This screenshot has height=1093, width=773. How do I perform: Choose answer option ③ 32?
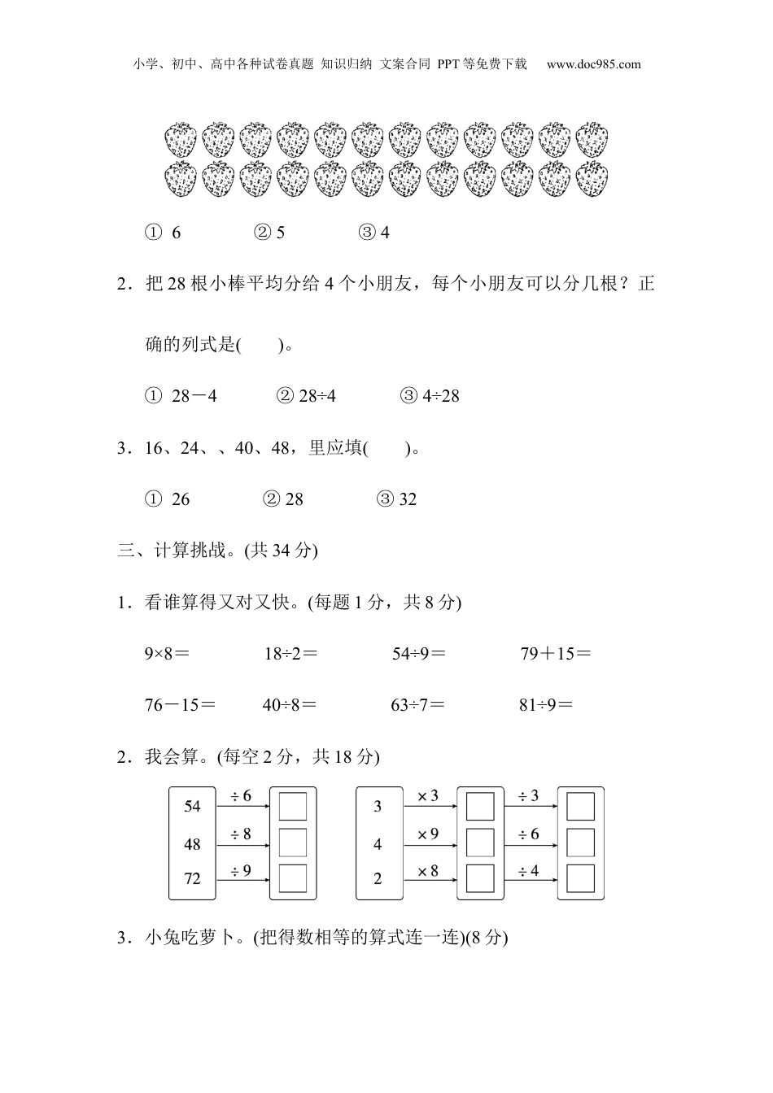pos(397,499)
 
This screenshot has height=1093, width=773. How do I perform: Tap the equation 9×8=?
pos(167,653)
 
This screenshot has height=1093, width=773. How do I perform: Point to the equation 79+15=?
pos(556,653)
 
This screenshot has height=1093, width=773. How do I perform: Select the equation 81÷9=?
pos(546,705)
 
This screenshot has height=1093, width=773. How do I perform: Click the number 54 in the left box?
pos(192,806)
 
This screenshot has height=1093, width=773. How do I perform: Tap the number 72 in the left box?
pos(192,878)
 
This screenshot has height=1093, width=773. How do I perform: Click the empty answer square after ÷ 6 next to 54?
pos(293,806)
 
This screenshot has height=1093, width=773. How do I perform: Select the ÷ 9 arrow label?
pos(241,871)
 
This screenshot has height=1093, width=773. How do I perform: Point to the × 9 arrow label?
pos(428,834)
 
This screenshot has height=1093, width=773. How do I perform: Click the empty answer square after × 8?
pos(480,878)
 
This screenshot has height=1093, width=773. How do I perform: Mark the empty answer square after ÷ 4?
pos(581,878)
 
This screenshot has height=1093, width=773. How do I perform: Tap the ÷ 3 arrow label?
pos(529,796)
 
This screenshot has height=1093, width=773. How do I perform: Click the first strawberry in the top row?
pos(181,140)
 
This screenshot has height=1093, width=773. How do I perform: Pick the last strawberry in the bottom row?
pos(592,179)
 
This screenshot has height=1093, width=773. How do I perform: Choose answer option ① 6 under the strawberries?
pos(164,233)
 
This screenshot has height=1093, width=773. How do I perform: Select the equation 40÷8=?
pos(289,705)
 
